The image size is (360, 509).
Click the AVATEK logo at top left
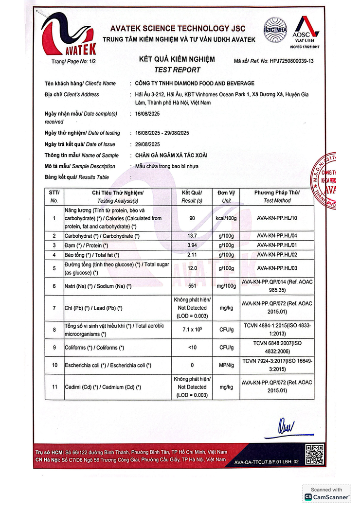pyautogui.click(x=69, y=35)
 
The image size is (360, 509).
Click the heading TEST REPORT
pyautogui.click(x=177, y=70)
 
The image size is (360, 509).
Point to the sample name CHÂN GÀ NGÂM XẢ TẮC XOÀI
pyautogui.click(x=172, y=155)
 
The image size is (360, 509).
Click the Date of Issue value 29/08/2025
pyautogui.click(x=148, y=144)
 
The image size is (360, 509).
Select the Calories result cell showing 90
pyautogui.click(x=192, y=218)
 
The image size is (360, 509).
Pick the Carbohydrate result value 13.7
pyautogui.click(x=192, y=236)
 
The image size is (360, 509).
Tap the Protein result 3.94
pyautogui.click(x=192, y=245)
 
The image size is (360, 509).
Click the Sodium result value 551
pyautogui.click(x=192, y=286)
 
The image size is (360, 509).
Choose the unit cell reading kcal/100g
pyautogui.click(x=226, y=218)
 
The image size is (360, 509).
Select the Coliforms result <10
pyautogui.click(x=192, y=347)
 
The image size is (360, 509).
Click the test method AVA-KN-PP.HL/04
pyautogui.click(x=277, y=236)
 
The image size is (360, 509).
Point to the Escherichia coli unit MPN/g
pyautogui.click(x=226, y=365)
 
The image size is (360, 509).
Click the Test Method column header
pyautogui.click(x=277, y=196)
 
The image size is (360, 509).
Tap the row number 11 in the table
pyautogui.click(x=54, y=387)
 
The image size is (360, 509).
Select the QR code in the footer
pyautogui.click(x=315, y=454)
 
